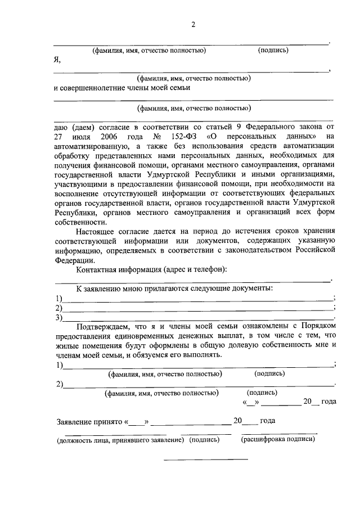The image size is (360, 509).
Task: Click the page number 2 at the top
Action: [x=193, y=24]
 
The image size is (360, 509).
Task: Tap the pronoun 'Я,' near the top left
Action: [x=57, y=60]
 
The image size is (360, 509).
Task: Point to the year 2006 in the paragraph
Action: [x=112, y=136]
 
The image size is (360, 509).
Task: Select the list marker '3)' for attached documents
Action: [x=57, y=317]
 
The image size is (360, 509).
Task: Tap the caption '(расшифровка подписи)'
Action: [x=278, y=439]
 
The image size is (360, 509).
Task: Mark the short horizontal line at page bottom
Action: [x=205, y=460]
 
